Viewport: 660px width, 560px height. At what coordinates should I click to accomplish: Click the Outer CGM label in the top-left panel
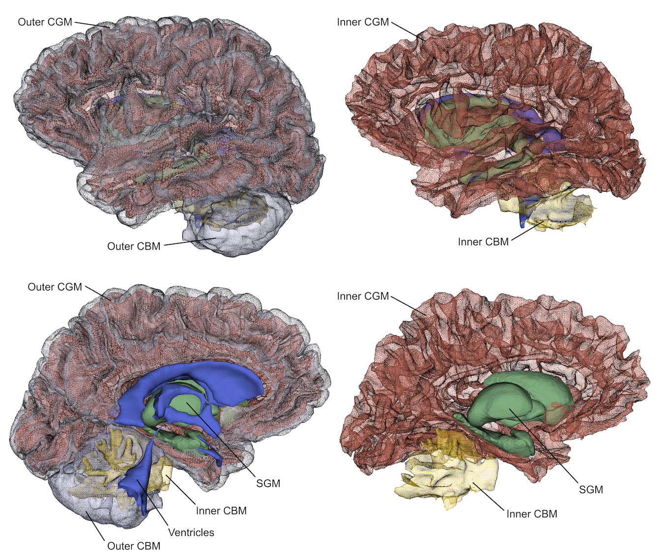45,22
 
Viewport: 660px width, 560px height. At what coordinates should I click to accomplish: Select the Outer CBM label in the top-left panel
134,246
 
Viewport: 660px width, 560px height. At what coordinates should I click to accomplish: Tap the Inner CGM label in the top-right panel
363,22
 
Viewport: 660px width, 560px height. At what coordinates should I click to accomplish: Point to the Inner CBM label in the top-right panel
483,242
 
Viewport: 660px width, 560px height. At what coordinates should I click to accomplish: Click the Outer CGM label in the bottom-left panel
55,287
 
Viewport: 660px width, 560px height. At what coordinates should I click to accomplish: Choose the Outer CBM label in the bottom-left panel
134,546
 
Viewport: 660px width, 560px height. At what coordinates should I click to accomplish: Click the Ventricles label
191,532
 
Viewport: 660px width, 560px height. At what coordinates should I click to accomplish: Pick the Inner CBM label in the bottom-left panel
221,511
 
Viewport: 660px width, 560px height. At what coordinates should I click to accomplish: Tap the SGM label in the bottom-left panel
268,483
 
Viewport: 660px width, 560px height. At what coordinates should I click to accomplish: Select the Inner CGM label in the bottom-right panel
363,296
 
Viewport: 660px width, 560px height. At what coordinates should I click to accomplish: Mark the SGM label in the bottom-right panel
591,489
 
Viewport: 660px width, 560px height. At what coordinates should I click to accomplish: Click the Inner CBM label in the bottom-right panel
532,514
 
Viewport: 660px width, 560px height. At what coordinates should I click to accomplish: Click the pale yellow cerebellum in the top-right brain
555,211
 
